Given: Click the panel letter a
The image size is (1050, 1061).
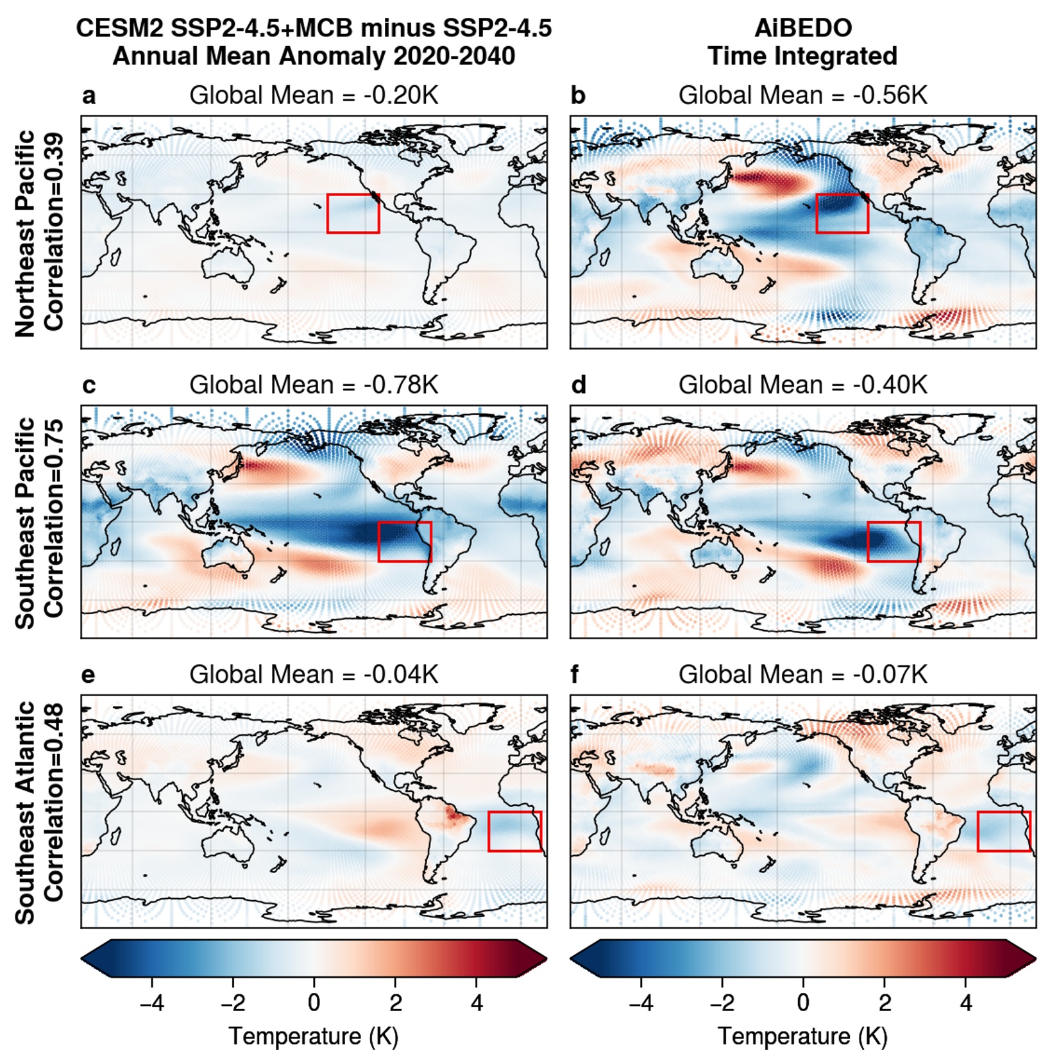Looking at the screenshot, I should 89,96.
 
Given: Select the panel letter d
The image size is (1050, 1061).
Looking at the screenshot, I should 579,386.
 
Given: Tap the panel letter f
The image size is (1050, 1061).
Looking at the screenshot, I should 575,676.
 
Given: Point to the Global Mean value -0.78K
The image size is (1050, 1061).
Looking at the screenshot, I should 401,385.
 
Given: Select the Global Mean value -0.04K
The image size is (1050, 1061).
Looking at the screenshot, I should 401,675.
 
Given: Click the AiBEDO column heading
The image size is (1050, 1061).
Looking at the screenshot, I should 802,28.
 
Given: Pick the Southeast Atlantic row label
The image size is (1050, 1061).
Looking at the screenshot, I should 26,812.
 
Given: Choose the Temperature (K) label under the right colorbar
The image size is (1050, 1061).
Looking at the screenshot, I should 802,1036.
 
